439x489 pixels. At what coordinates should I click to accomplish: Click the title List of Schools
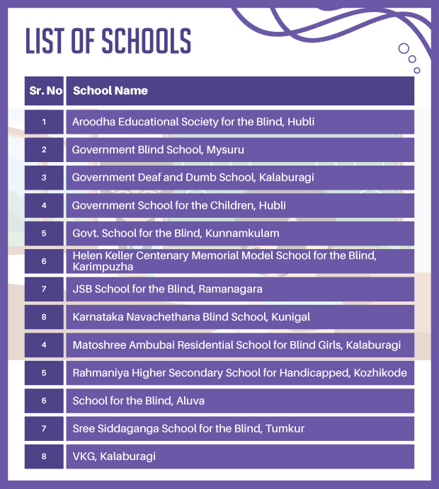click(x=108, y=41)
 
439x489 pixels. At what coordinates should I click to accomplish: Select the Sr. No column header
click(x=44, y=91)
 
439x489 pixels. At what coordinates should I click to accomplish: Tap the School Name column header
click(x=110, y=91)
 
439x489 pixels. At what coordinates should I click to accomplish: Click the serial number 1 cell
click(x=44, y=122)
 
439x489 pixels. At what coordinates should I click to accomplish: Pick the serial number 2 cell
click(x=44, y=149)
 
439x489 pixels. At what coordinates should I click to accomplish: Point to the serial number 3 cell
click(x=44, y=178)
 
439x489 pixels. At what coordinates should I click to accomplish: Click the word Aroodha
click(x=92, y=122)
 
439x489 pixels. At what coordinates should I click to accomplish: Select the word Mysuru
click(x=226, y=149)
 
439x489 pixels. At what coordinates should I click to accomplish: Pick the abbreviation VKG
click(x=83, y=456)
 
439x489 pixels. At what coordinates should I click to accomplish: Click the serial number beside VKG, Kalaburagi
click(x=44, y=456)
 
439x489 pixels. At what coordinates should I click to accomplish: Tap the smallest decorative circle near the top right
click(x=417, y=70)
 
